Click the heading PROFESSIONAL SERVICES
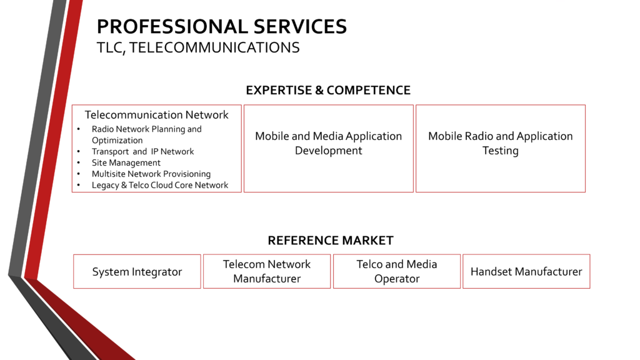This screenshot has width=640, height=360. pyautogui.click(x=221, y=27)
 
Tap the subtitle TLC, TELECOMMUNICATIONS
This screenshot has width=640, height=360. pyautogui.click(x=197, y=47)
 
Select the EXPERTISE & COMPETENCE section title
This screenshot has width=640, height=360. pyautogui.click(x=328, y=90)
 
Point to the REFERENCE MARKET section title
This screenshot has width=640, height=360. pyautogui.click(x=331, y=241)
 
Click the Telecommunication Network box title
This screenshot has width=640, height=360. pyautogui.click(x=156, y=115)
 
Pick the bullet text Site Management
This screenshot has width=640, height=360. pyautogui.click(x=126, y=162)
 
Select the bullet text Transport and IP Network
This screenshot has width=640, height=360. pyautogui.click(x=142, y=151)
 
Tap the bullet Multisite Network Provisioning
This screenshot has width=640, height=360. pyautogui.click(x=151, y=174)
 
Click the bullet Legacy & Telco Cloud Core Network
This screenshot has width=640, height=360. pyautogui.click(x=159, y=185)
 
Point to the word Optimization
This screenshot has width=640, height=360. pyautogui.click(x=117, y=140)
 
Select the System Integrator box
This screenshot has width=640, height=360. pyautogui.click(x=137, y=272)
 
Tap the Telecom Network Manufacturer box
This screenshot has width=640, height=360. pyautogui.click(x=267, y=271)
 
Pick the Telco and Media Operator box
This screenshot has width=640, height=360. pyautogui.click(x=397, y=271)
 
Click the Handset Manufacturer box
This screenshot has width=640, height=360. pyautogui.click(x=526, y=272)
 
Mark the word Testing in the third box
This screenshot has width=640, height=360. pyautogui.click(x=500, y=151)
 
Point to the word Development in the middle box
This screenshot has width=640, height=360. pyautogui.click(x=328, y=151)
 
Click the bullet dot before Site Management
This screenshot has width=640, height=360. pyautogui.click(x=78, y=162)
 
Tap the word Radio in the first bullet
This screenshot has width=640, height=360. pyautogui.click(x=102, y=129)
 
